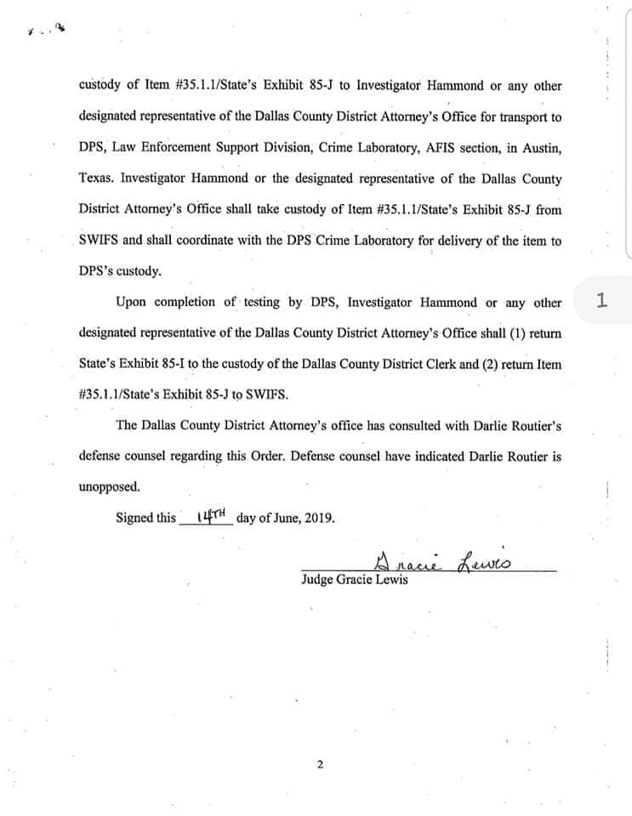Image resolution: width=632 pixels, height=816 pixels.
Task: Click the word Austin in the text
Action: tap(541, 148)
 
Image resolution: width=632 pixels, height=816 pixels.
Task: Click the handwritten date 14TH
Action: tap(208, 516)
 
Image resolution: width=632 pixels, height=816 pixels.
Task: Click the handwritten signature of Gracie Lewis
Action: tap(443, 561)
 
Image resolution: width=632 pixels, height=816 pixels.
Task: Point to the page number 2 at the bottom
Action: tap(320, 764)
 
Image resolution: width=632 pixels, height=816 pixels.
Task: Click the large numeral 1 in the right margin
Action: tap(601, 300)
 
